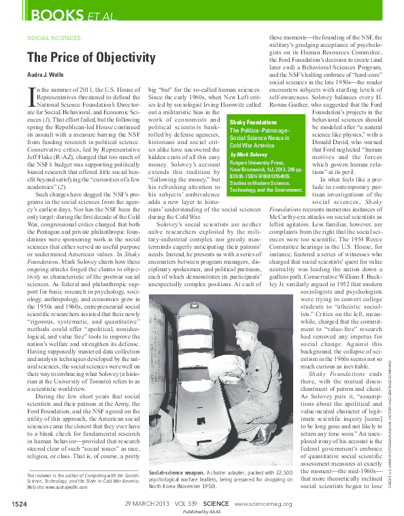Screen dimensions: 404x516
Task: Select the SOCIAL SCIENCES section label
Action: tap(54, 38)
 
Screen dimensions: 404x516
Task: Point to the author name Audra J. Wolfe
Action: tap(44, 75)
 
